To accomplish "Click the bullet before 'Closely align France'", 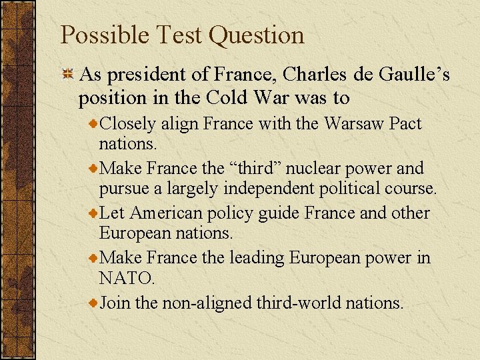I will pos(94,125).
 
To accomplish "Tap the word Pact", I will pos(405,123).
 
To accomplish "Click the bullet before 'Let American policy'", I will pos(94,215).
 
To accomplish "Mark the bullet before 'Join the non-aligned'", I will pos(94,304).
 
